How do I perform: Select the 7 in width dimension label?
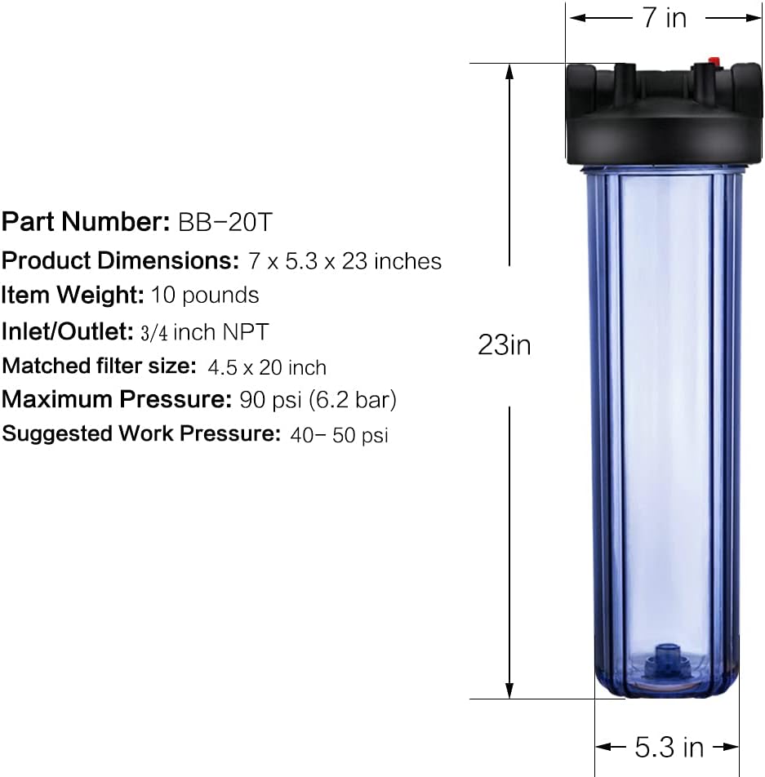pyautogui.click(x=664, y=17)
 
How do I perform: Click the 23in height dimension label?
pyautogui.click(x=504, y=345)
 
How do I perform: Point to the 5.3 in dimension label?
pyautogui.click(x=669, y=746)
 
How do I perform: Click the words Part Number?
pyautogui.click(x=85, y=221)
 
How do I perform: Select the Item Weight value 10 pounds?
pyautogui.click(x=205, y=295)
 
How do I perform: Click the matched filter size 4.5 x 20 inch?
pyautogui.click(x=267, y=367)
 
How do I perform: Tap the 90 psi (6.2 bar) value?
pyautogui.click(x=318, y=400)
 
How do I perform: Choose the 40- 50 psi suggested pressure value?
pyautogui.click(x=339, y=435)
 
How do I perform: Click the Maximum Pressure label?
pyautogui.click(x=117, y=400)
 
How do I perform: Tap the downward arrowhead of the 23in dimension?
pyautogui.click(x=510, y=691)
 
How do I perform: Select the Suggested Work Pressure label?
pyautogui.click(x=141, y=433)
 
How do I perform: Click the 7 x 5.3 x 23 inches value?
pyautogui.click(x=344, y=261)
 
